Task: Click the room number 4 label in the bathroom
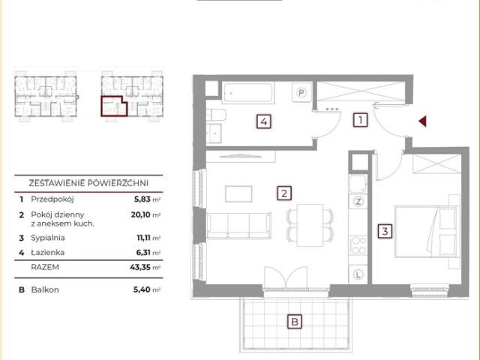pyautogui.click(x=264, y=121)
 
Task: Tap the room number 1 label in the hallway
pyautogui.click(x=360, y=120)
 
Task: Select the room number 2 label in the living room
pyautogui.click(x=284, y=193)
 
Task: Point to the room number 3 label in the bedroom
pyautogui.click(x=385, y=231)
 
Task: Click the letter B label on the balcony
pyautogui.click(x=295, y=322)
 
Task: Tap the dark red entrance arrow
pyautogui.click(x=423, y=121)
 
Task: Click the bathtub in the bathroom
pyautogui.click(x=247, y=93)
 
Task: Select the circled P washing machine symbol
pyautogui.click(x=301, y=92)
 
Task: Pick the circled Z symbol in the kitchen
pyautogui.click(x=358, y=201)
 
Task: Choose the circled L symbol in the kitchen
pyautogui.click(x=358, y=274)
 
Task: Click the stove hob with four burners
pyautogui.click(x=358, y=245)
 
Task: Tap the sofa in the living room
pyautogui.click(x=238, y=226)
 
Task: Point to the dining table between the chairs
pyautogui.click(x=310, y=225)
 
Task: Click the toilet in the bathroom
pyautogui.click(x=217, y=115)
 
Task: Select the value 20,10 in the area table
pyautogui.click(x=140, y=214)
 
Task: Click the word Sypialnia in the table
pyautogui.click(x=48, y=238)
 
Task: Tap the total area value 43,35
pyautogui.click(x=140, y=267)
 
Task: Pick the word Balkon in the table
pyautogui.click(x=45, y=289)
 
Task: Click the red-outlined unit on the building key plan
pyautogui.click(x=114, y=106)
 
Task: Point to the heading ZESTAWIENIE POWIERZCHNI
pyautogui.click(x=88, y=183)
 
